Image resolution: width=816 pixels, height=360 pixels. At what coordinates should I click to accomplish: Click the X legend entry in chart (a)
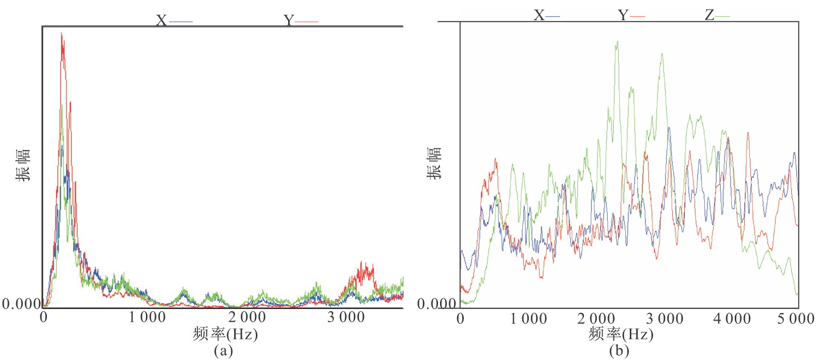click(x=174, y=21)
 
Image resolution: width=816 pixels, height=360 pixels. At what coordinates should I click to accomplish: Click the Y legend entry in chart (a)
click(x=300, y=21)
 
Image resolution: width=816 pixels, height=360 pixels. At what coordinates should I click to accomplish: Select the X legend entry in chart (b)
click(x=547, y=16)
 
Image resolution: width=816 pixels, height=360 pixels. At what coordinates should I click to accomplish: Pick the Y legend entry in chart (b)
click(x=631, y=16)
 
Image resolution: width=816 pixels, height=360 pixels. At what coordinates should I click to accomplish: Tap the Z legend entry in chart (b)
click(x=717, y=16)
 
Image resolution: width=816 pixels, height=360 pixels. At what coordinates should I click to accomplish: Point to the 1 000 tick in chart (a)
click(x=147, y=318)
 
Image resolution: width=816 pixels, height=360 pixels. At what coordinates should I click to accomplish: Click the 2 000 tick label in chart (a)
click(x=247, y=318)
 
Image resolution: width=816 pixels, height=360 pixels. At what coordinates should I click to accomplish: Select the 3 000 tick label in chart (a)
click(x=346, y=318)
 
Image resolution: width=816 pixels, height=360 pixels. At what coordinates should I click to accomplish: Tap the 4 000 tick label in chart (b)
click(x=732, y=319)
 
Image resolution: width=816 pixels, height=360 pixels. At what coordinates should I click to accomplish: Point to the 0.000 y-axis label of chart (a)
click(x=21, y=303)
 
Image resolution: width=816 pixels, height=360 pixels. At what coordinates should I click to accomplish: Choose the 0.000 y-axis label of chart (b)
click(x=437, y=303)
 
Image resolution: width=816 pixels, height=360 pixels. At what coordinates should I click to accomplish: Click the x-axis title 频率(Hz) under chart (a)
click(x=225, y=334)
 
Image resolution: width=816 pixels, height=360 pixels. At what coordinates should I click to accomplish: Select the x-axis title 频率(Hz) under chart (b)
click(x=621, y=334)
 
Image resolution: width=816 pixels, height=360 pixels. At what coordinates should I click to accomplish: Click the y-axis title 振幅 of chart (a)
click(x=23, y=165)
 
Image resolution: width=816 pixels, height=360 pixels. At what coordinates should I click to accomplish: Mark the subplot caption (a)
click(x=223, y=350)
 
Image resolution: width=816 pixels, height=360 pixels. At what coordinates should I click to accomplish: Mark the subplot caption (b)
click(x=619, y=350)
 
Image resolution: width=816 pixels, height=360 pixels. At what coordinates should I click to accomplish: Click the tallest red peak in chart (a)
click(x=62, y=34)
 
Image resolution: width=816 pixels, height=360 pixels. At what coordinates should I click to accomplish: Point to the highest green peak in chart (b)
click(x=617, y=42)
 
